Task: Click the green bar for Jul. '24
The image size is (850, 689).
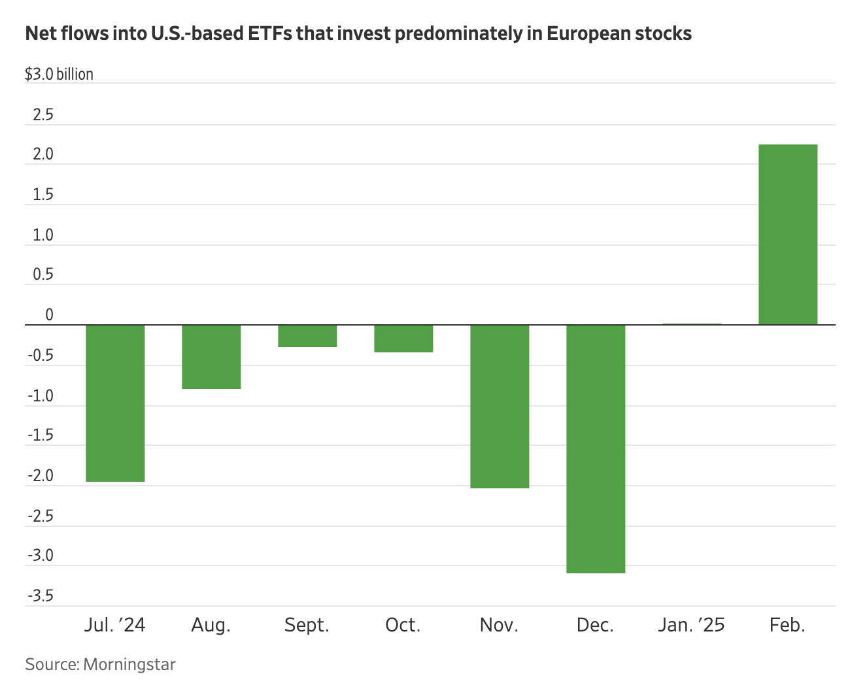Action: pos(115,403)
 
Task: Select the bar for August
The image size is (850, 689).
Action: pos(211,356)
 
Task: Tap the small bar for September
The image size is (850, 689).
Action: pos(307,335)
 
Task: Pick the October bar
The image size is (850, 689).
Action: pos(403,338)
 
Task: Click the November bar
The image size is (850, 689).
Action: pos(500,406)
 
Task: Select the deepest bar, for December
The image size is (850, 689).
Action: pos(596,448)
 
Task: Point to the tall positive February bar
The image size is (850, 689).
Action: pos(788,234)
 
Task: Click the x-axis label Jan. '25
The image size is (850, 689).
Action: pos(691,625)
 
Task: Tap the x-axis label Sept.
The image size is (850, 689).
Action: pos(307,625)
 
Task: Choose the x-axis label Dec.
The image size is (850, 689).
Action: pos(595,625)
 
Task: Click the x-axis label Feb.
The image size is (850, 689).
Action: pos(787,625)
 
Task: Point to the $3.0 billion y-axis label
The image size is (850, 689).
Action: pos(59,75)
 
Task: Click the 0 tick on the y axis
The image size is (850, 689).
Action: pos(49,316)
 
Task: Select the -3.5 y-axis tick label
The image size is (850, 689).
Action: pos(41,596)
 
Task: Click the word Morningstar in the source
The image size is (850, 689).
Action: pos(129,665)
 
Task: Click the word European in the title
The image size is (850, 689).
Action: pos(588,33)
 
